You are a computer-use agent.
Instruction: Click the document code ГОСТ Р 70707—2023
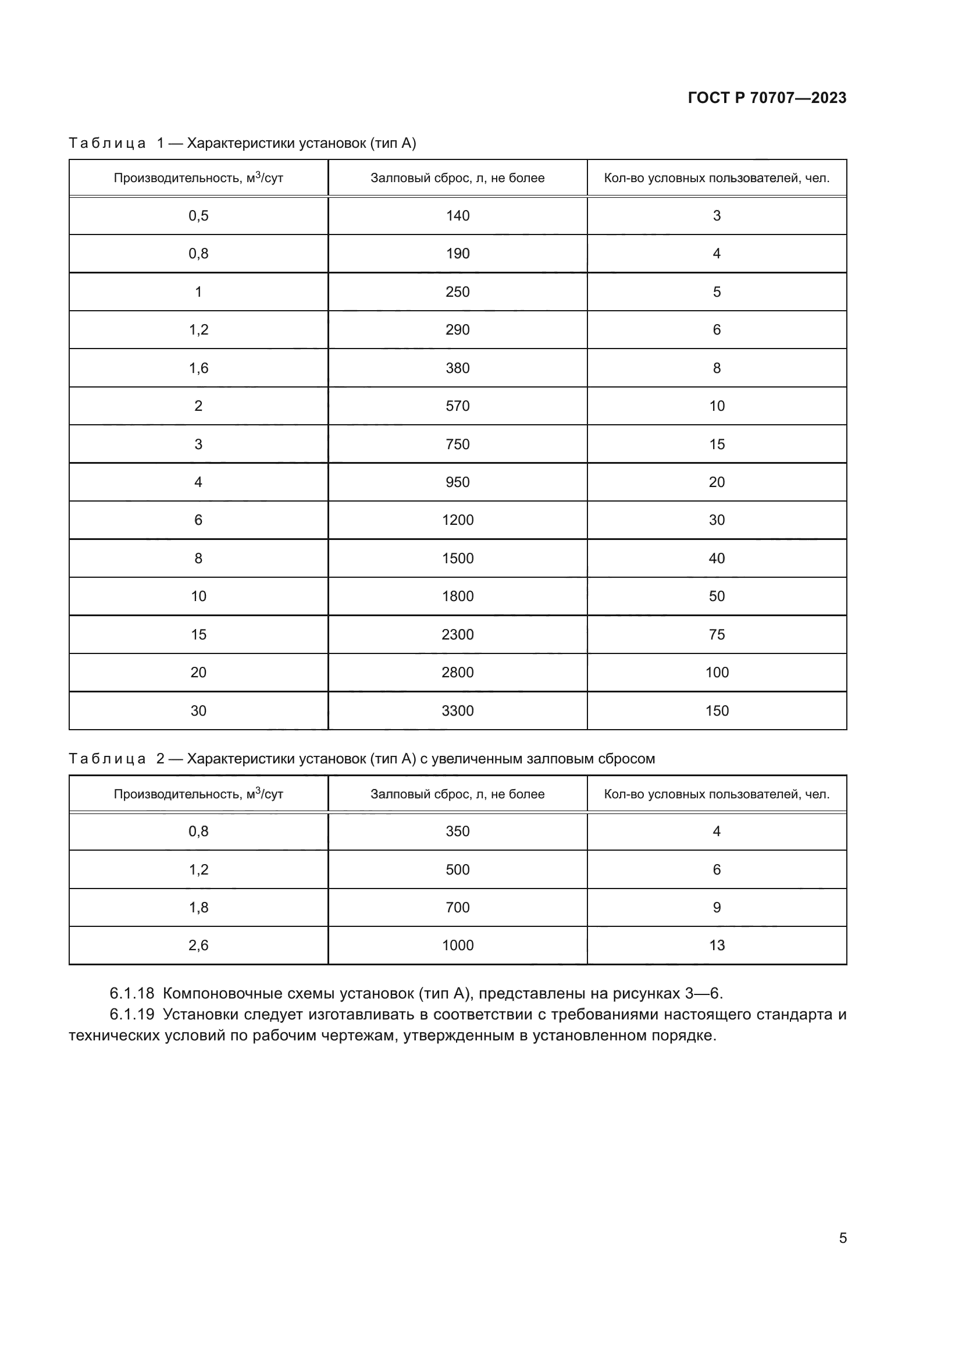767,98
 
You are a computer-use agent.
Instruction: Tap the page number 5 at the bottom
842,1238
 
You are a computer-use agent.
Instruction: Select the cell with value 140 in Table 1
457,216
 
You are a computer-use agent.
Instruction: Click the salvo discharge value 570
457,406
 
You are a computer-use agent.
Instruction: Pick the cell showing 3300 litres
457,710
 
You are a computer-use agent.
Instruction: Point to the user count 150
717,710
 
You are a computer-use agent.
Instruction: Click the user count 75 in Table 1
717,635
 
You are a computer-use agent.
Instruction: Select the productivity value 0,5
198,216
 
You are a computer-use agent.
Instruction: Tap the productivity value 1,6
198,368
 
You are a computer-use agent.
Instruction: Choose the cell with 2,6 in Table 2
198,946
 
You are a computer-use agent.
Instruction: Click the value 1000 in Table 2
457,946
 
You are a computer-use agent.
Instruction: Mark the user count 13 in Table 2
717,946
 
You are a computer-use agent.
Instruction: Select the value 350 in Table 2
457,831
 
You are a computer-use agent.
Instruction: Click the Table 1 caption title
243,143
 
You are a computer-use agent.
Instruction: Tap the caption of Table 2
361,759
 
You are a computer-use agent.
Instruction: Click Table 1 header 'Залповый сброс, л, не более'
457,178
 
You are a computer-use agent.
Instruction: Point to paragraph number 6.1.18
131,993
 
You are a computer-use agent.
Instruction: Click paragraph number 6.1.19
131,1014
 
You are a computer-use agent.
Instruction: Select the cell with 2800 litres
457,673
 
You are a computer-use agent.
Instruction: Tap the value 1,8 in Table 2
198,908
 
